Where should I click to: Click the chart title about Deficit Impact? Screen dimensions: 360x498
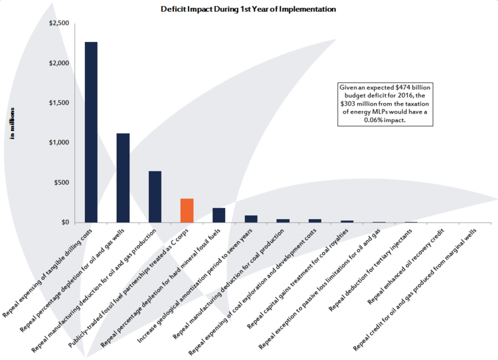(x=248, y=9)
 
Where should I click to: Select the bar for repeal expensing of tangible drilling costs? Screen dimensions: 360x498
(x=91, y=133)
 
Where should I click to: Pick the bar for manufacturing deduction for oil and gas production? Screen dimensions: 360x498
(x=155, y=197)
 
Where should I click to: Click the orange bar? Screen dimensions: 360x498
(x=187, y=211)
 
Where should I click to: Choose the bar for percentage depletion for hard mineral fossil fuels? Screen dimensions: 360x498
(x=219, y=215)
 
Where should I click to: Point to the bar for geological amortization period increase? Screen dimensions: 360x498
(x=251, y=219)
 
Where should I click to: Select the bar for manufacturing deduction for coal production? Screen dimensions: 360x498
(x=283, y=221)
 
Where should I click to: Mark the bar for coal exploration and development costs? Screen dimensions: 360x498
(x=315, y=221)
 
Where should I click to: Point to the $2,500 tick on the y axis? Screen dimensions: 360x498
(x=58, y=23)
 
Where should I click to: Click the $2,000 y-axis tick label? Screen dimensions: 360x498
(x=58, y=63)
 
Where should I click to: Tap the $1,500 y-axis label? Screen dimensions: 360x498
(x=58, y=103)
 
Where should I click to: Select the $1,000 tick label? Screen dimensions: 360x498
(x=58, y=143)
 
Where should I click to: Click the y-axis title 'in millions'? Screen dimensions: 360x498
(x=13, y=123)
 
